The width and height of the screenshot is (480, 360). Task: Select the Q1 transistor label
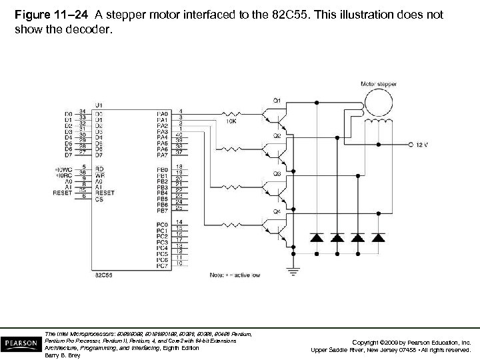[x=276, y=100]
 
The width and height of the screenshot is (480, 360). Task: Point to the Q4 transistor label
[x=276, y=211]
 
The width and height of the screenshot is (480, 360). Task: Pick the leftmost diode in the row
[x=317, y=237]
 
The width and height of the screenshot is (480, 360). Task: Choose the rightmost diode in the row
[x=379, y=237]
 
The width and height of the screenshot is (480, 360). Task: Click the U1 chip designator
[x=99, y=105]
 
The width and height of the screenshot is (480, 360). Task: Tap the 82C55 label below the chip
[x=103, y=274]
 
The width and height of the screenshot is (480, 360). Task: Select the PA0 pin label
[x=162, y=113]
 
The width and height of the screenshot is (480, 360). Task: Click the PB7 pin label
[x=162, y=210]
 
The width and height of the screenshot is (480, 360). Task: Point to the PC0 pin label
[x=162, y=224]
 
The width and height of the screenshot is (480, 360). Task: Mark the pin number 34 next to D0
[x=82, y=111]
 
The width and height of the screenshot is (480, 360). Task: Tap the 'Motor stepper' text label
[x=377, y=84]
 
